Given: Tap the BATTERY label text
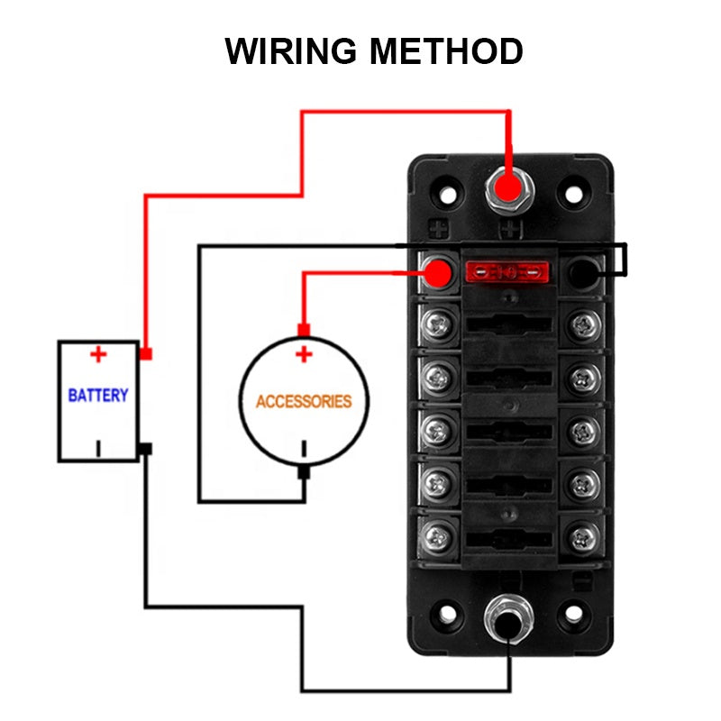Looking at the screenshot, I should pos(98,395).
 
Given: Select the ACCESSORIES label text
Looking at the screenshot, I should pos(304,401).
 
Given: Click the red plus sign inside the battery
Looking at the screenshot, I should pos(98,354).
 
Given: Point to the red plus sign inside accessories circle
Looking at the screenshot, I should pos(304,354).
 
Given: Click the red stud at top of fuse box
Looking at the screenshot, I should pos(509,189).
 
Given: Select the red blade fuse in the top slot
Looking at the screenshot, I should pos(506,270).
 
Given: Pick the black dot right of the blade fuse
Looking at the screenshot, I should pos(583,269).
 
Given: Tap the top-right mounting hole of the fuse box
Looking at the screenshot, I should pos(570,191).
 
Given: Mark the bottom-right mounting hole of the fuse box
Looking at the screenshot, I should pos(570,616).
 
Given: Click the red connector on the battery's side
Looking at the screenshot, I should pos(145,354).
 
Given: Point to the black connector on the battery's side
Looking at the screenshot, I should pos(145,449).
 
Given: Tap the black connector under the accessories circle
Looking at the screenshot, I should pos(304,470).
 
